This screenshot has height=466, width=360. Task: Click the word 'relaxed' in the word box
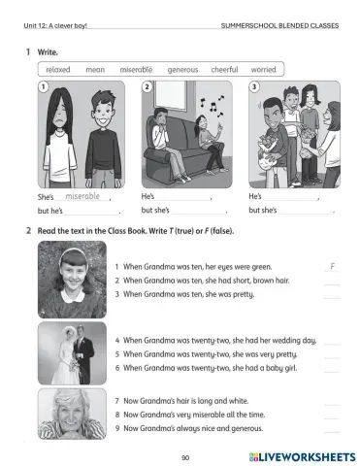pyautogui.click(x=58, y=70)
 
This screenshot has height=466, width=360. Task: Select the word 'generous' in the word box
pyautogui.click(x=182, y=70)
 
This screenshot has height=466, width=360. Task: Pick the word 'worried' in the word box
pyautogui.click(x=264, y=70)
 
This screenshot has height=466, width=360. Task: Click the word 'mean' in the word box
pyautogui.click(x=95, y=70)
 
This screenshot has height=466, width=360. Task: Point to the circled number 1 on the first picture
pyautogui.click(x=43, y=87)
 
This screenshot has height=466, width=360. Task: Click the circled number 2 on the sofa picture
pyautogui.click(x=147, y=87)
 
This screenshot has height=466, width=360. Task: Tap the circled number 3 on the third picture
pyautogui.click(x=254, y=87)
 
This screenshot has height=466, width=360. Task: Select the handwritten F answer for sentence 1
pyautogui.click(x=332, y=265)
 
